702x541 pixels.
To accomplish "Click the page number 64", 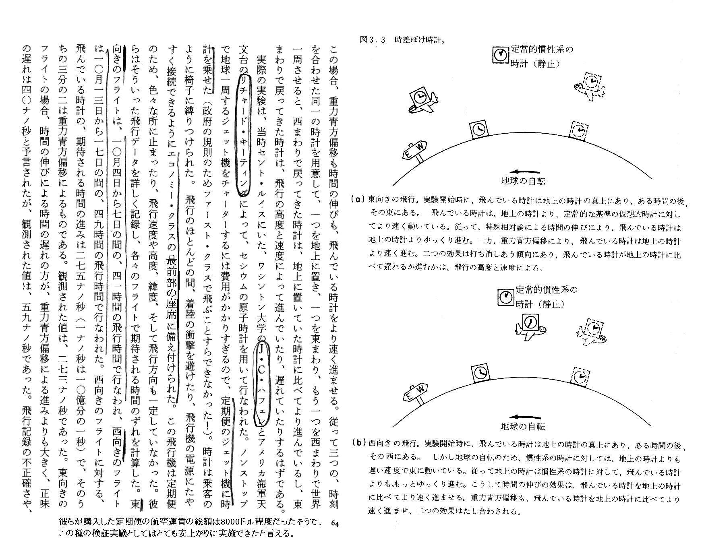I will coord(335,523).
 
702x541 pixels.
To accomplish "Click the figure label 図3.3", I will coord(373,40).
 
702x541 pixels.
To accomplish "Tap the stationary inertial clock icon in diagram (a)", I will coord(501,55).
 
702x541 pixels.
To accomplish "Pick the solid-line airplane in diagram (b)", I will coord(530,326).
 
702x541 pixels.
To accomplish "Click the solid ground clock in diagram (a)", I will coord(479,129).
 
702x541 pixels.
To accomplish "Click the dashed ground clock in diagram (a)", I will coord(578,131).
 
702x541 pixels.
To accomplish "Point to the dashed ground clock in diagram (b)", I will coord(580,376).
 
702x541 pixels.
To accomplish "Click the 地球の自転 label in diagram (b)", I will coord(523,426).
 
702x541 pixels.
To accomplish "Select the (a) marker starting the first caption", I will coord(358,199).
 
